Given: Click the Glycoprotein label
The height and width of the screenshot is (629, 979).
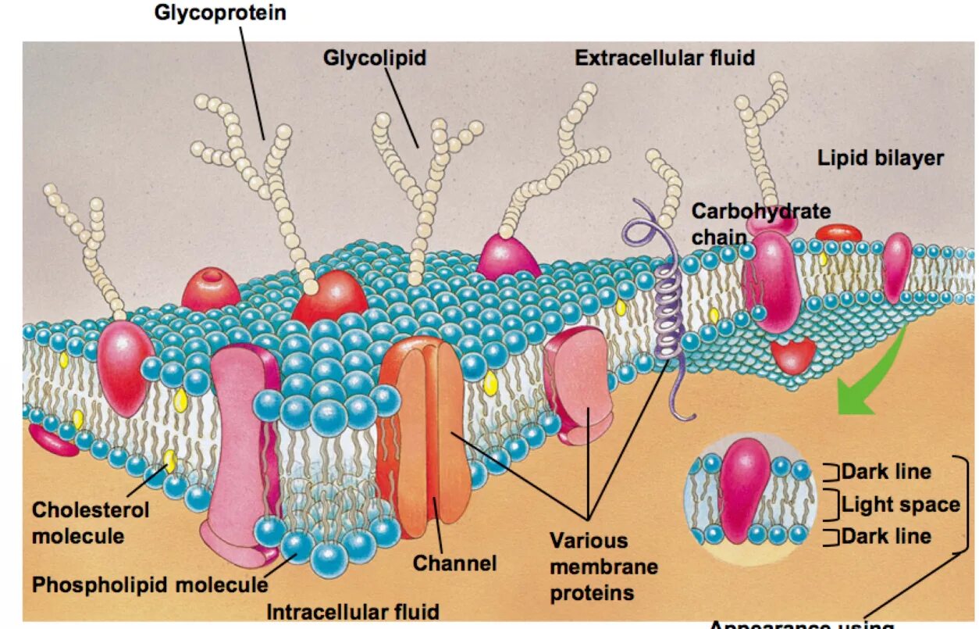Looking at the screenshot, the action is [x=220, y=13].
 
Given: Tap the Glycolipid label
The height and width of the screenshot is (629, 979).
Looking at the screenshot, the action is [x=375, y=58].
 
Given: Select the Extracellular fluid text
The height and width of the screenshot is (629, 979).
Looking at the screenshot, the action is [x=664, y=58].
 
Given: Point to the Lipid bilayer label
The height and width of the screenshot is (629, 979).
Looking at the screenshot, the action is [x=880, y=158].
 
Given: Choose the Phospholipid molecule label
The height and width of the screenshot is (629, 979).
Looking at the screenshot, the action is [x=149, y=584].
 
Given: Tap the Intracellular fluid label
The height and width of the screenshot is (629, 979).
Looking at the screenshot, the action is [x=353, y=611].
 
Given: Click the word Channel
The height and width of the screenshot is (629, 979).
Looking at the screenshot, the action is [x=454, y=563].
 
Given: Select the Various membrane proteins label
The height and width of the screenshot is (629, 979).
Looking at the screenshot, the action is [x=603, y=566].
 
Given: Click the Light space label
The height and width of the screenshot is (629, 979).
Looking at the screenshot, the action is [x=900, y=505].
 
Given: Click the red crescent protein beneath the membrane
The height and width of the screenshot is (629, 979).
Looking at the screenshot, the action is [x=793, y=356].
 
